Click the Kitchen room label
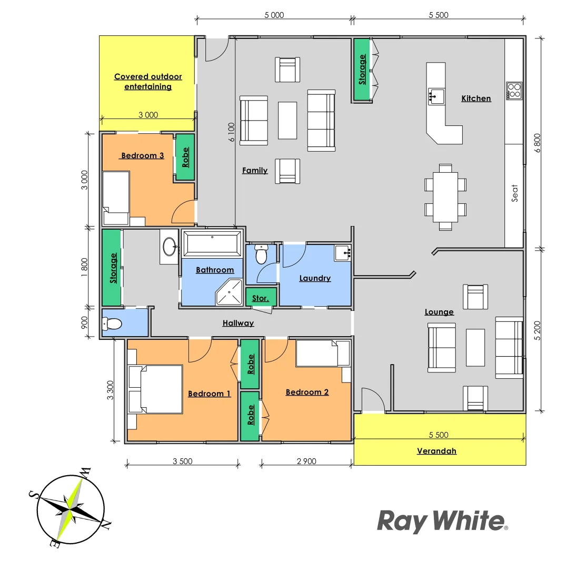[476, 99]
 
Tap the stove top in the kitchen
[513, 91]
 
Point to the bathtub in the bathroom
[212, 244]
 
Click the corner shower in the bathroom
[229, 292]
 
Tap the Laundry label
[315, 278]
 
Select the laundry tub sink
[343, 253]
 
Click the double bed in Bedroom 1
[156, 389]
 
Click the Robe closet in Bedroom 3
[185, 157]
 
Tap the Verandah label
[436, 451]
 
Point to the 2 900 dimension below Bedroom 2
[306, 462]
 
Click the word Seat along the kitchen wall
[514, 193]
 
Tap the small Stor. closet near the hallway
[260, 298]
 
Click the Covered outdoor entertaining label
[148, 82]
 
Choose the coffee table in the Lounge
[475, 347]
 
